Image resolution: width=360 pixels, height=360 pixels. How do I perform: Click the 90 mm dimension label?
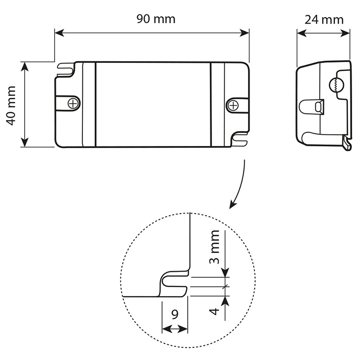[156, 19]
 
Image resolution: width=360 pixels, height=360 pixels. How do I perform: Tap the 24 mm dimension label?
[324, 20]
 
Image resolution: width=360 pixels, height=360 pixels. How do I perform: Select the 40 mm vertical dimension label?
[11, 106]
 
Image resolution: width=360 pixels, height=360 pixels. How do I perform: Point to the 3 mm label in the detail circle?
[215, 247]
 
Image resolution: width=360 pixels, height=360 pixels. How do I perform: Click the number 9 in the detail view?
[175, 314]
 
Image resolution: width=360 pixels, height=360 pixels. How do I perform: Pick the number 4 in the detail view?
[214, 311]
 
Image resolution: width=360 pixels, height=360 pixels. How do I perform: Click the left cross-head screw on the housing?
[73, 103]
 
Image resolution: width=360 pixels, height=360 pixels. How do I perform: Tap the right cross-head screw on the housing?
[233, 106]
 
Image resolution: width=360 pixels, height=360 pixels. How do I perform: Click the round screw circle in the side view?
[336, 85]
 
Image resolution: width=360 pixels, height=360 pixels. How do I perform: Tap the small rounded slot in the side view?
[318, 107]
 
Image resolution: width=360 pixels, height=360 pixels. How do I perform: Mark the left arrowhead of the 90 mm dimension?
[59, 32]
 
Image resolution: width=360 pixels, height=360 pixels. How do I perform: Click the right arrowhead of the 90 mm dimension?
[244, 32]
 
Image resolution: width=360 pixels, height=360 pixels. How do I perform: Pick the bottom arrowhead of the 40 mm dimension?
[25, 142]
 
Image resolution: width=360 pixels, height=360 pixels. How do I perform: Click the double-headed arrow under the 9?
[175, 329]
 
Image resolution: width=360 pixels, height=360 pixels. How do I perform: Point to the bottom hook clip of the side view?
[347, 143]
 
